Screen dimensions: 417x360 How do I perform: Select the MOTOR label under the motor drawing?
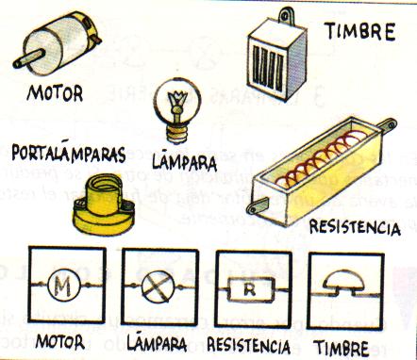tap(55, 94)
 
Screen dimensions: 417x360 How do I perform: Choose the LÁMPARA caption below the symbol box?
tap(155, 338)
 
